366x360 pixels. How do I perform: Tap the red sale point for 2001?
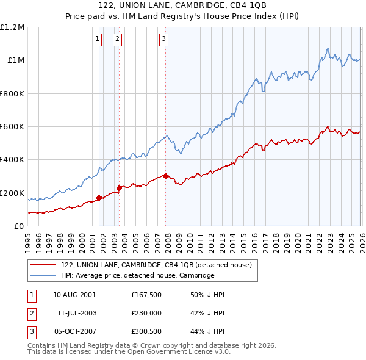99,198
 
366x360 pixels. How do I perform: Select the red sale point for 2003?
120,188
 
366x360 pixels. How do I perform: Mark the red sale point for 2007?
165,176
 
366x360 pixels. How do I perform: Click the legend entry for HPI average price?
137,275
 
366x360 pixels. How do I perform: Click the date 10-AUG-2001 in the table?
74,295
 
